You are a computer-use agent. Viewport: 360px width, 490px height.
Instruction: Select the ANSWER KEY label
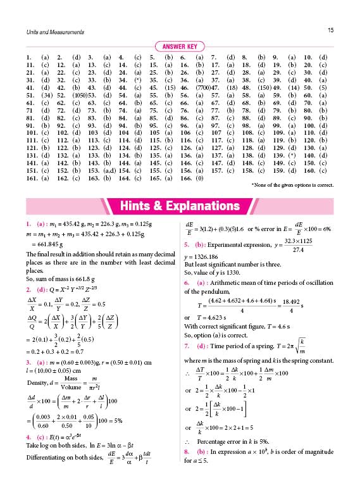180,46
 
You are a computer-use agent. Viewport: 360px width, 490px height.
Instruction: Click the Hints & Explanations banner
180,205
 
